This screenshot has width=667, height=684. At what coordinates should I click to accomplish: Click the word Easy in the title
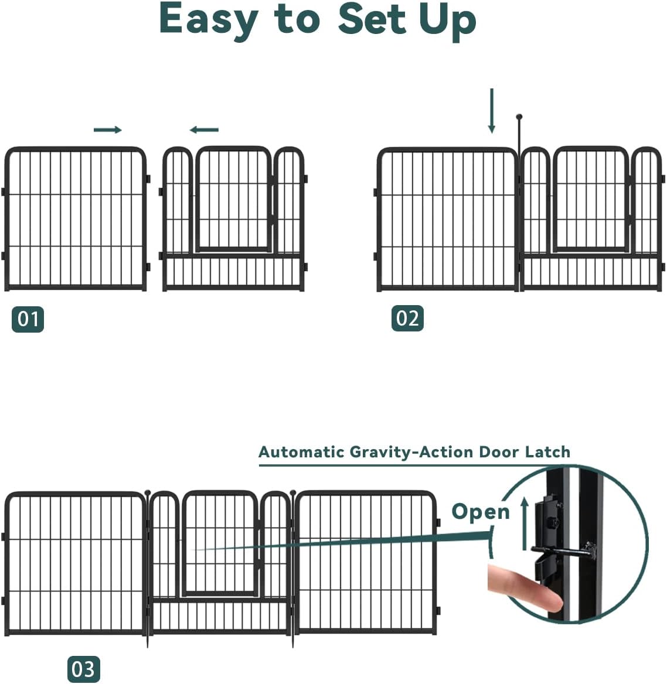[209, 19]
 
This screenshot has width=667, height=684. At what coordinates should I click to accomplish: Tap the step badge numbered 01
[28, 319]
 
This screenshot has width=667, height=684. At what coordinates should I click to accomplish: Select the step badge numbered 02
[407, 319]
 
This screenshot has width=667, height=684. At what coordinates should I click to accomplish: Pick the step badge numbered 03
[84, 669]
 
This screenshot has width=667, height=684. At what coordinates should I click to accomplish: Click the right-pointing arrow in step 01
[108, 129]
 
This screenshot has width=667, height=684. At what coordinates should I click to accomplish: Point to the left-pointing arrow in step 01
[204, 130]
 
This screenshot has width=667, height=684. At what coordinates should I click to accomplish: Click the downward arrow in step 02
[492, 111]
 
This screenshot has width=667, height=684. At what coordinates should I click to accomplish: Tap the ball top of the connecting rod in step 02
[519, 117]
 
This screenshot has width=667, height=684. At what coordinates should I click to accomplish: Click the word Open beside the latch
[481, 512]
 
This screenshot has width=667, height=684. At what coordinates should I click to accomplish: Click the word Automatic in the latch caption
[301, 452]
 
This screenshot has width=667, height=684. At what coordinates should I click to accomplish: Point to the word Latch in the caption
[547, 452]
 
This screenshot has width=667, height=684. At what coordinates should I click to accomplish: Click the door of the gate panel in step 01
[233, 199]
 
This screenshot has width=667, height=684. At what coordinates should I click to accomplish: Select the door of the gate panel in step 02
[591, 199]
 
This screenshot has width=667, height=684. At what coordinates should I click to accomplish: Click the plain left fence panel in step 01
[75, 220]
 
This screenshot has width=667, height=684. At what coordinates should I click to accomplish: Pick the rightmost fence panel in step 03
[365, 562]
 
